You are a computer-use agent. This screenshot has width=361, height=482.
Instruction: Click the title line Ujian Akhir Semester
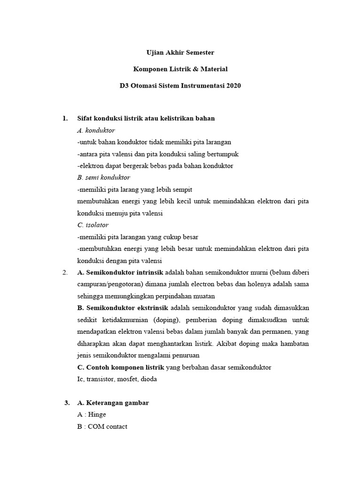tap(180, 52)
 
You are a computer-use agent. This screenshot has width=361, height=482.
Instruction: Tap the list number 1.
tap(65, 118)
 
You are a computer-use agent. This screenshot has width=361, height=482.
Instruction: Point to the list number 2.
tap(65, 273)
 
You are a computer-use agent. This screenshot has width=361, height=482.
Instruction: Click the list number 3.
tap(67, 403)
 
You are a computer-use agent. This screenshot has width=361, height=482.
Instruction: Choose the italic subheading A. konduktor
tap(96, 130)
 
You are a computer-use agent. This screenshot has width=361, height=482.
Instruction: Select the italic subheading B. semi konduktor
tap(103, 177)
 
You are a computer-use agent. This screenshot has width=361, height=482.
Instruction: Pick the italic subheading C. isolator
tap(93, 225)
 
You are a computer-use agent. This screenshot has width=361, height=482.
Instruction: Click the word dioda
tap(149, 379)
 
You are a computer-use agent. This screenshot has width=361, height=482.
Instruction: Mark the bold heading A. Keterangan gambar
tap(113, 403)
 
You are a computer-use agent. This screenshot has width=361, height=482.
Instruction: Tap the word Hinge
tap(97, 415)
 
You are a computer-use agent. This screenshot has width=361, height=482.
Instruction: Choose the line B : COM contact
tap(102, 426)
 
